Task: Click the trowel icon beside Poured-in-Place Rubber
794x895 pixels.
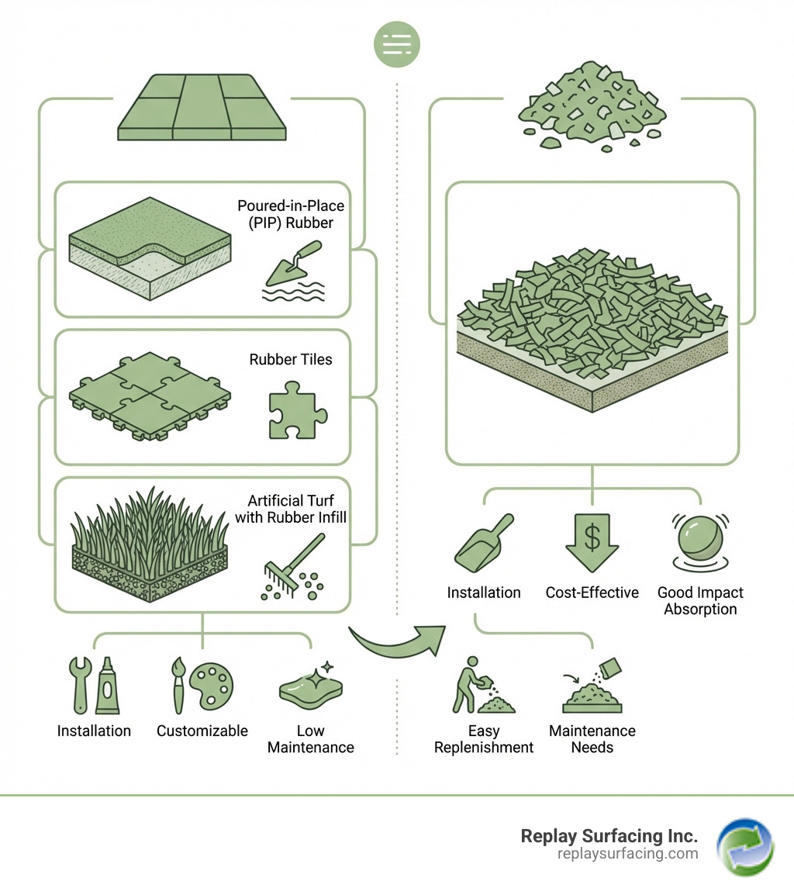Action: click(x=294, y=264)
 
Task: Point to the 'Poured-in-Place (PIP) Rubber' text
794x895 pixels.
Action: click(x=291, y=215)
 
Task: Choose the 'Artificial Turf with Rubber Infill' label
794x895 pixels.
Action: click(x=291, y=509)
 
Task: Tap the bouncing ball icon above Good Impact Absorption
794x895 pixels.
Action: click(x=700, y=538)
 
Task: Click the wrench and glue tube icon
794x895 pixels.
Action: click(x=94, y=686)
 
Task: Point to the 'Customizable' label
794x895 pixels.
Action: click(x=202, y=731)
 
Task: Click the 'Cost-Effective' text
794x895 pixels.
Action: click(x=592, y=593)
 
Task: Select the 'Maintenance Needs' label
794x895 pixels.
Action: click(x=592, y=739)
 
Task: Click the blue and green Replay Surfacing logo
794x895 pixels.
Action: click(x=744, y=847)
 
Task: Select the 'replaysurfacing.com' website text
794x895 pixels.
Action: click(x=627, y=854)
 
